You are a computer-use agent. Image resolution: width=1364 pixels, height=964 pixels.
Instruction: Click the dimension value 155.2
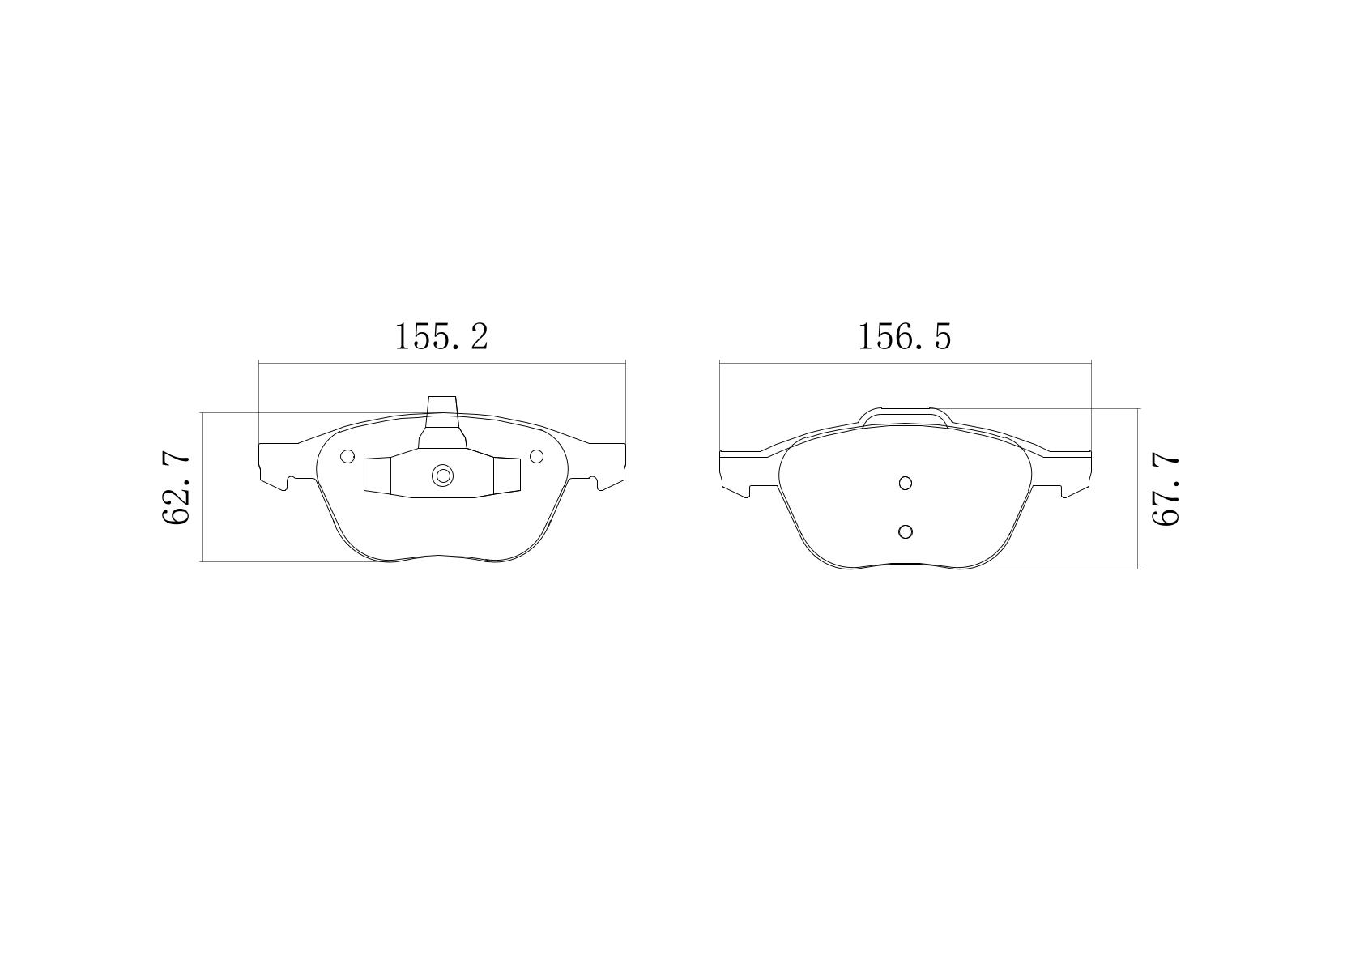point(441,336)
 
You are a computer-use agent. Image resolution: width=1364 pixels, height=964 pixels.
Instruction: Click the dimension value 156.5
point(904,336)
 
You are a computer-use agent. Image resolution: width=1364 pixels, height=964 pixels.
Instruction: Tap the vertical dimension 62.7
point(177,489)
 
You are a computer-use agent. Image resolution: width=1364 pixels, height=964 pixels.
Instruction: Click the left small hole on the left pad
point(347,456)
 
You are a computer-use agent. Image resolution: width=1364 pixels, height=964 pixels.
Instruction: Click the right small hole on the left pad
point(536,456)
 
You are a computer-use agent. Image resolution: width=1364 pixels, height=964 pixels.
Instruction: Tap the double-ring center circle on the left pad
point(443,476)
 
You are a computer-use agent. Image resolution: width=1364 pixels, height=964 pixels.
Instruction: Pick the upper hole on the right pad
point(906,483)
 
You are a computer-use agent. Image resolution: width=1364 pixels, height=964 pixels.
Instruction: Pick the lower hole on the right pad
point(906,531)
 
